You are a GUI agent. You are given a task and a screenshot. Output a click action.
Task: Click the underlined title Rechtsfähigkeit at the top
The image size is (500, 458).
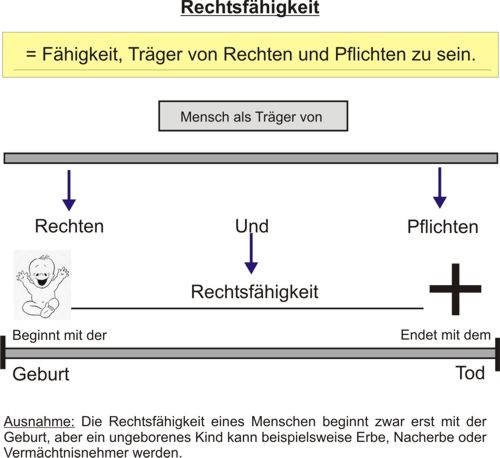pyautogui.click(x=250, y=8)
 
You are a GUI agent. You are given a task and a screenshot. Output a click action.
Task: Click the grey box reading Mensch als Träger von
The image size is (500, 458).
pyautogui.click(x=253, y=116)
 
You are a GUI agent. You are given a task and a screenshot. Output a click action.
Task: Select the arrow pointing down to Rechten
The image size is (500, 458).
pyautogui.click(x=69, y=190)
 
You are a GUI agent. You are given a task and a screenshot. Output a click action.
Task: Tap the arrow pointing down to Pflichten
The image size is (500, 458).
pyautogui.click(x=440, y=188)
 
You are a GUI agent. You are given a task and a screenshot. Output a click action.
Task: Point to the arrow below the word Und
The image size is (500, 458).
pyautogui.click(x=251, y=253)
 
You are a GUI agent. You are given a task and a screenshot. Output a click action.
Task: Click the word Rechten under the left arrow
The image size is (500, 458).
pyautogui.click(x=69, y=226)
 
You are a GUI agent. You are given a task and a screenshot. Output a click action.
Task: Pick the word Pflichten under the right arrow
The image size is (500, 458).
pyautogui.click(x=443, y=227)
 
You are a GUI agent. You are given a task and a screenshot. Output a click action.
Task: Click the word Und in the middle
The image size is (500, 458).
pyautogui.click(x=252, y=226)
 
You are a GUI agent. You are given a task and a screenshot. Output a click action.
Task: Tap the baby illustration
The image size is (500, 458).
pyautogui.click(x=42, y=285)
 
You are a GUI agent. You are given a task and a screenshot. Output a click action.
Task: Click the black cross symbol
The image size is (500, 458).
pyautogui.click(x=455, y=289)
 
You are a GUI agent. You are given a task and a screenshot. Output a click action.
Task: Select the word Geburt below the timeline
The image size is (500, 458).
pyautogui.click(x=41, y=374)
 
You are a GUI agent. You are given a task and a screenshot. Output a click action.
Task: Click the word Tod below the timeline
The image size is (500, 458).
pyautogui.click(x=470, y=373)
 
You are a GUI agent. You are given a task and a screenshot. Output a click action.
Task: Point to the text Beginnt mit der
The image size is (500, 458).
pyautogui.click(x=60, y=335)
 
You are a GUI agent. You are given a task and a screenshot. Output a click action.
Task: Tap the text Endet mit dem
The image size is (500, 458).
pyautogui.click(x=446, y=335)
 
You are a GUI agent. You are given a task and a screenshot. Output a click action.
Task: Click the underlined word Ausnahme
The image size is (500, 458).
pyautogui.click(x=39, y=422)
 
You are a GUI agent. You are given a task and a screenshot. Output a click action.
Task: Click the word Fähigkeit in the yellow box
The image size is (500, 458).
pyautogui.click(x=82, y=54)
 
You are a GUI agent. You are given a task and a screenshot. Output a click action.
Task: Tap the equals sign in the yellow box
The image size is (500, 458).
pyautogui.click(x=31, y=54)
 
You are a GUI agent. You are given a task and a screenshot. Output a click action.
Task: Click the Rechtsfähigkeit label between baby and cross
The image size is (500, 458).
pyautogui.click(x=255, y=292)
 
